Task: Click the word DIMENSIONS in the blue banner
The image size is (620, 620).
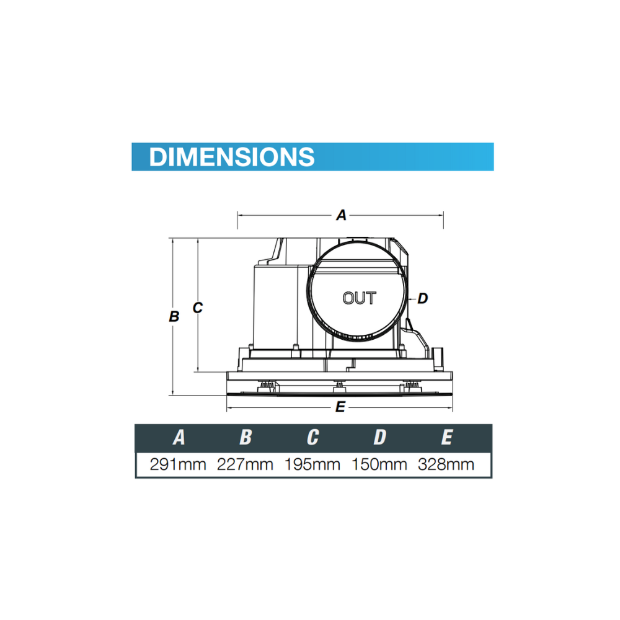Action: click(232, 157)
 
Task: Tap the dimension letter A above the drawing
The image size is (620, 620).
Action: click(341, 215)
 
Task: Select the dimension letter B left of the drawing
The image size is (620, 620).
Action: click(174, 316)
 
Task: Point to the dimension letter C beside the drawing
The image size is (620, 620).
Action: click(198, 308)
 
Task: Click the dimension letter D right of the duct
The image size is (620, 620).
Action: click(423, 298)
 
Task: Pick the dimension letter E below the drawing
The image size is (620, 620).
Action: click(340, 407)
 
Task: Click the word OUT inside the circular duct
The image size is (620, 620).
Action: click(360, 298)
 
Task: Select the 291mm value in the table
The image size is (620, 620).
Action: click(178, 464)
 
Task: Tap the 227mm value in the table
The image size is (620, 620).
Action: click(245, 464)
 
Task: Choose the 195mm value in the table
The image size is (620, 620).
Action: click(312, 464)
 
